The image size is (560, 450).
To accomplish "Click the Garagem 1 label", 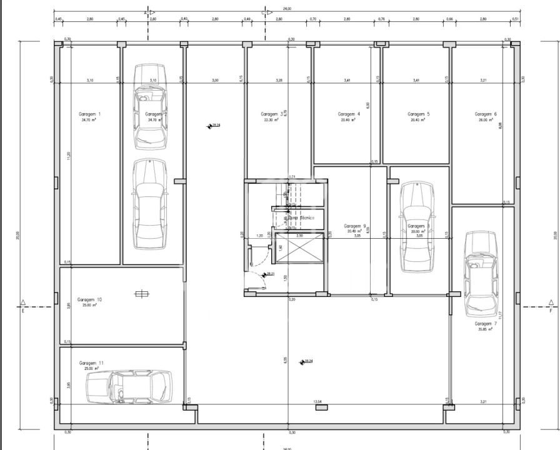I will click(89, 114).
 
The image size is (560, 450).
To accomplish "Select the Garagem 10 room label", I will click(90, 300).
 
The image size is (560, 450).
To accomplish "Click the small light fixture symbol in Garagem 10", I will click(142, 294).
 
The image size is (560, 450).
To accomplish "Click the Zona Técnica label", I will click(301, 218).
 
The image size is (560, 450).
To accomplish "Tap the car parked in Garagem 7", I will click(479, 272).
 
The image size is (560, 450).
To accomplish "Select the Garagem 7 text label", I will click(485, 324).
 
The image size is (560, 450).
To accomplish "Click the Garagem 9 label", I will click(355, 226).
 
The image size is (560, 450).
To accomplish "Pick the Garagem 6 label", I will click(485, 114).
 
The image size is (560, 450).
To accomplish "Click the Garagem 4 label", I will click(349, 114).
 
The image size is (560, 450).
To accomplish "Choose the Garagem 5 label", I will click(418, 114).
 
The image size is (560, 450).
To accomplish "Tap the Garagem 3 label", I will click(271, 114).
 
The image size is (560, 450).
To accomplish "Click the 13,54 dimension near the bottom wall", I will click(317, 401).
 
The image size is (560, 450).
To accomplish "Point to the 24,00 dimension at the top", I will click(287, 9).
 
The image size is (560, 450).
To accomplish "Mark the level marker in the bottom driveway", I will click(302, 362).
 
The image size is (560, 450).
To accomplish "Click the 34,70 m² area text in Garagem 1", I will click(88, 120).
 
